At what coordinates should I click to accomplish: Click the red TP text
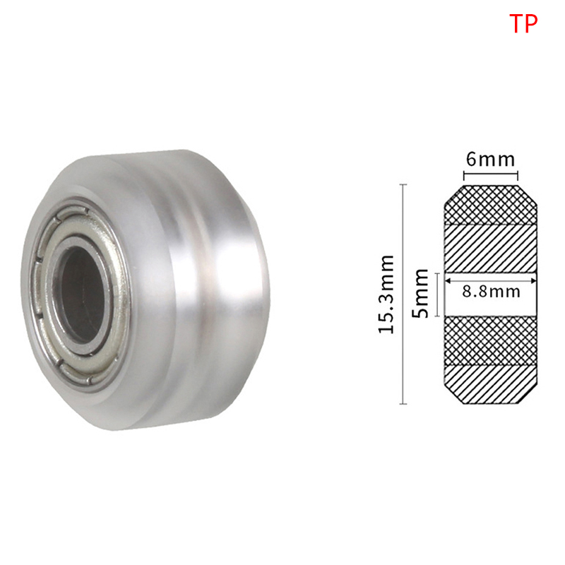point(523,23)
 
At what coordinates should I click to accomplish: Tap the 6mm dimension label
point(490,160)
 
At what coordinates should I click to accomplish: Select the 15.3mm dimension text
point(386,294)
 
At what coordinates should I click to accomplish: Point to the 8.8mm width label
point(491,291)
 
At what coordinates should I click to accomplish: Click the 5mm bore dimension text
point(420,293)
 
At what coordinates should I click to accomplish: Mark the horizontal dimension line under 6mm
point(490,175)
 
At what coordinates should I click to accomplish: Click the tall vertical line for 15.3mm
point(403,294)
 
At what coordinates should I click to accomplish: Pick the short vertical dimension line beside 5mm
point(437,295)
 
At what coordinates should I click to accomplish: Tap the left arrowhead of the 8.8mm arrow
point(448,280)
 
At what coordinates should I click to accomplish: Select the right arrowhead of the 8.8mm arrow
point(533,280)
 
